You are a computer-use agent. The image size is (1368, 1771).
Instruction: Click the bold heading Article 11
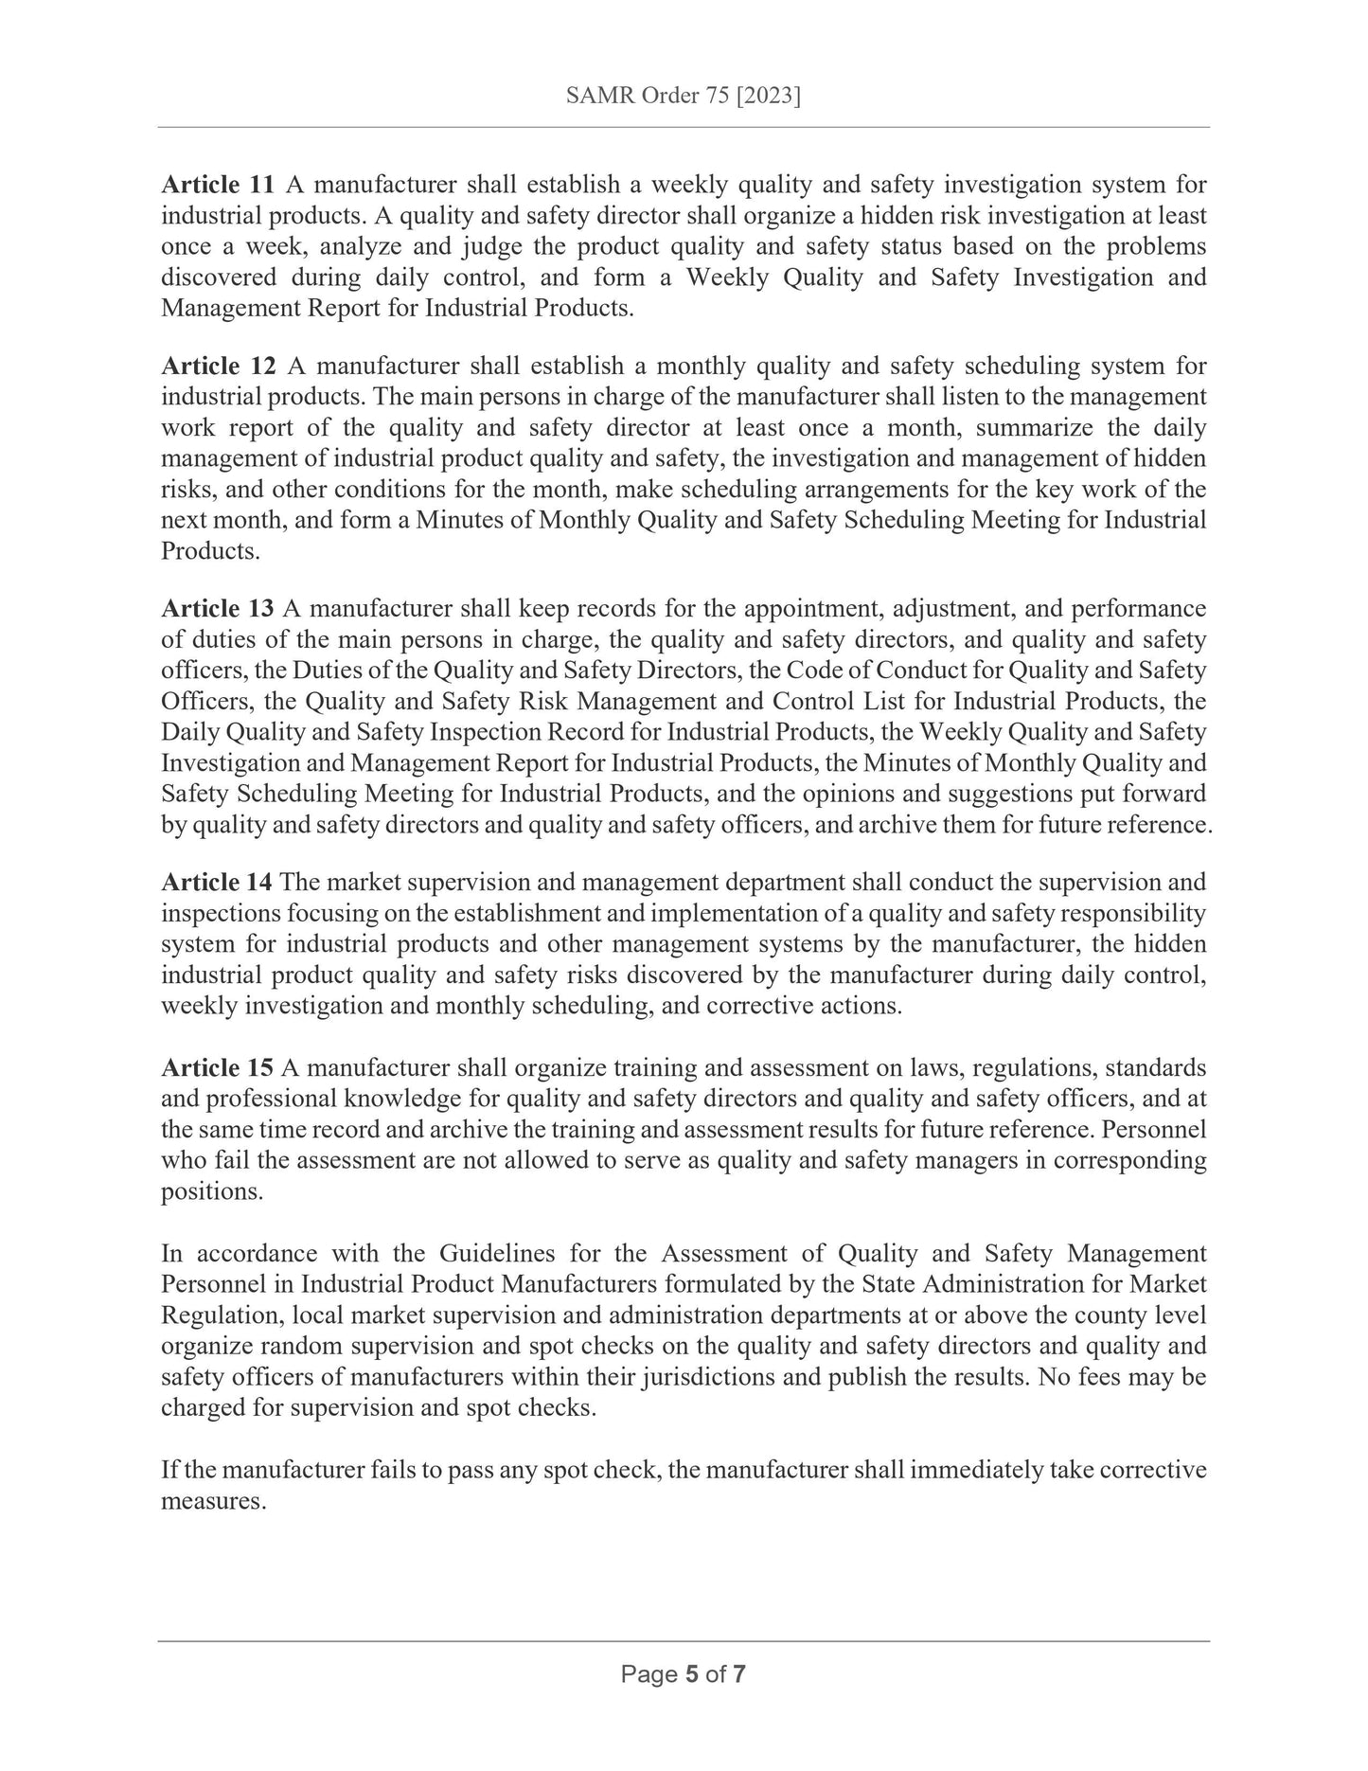click(218, 185)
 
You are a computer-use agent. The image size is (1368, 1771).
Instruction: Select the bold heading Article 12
click(218, 366)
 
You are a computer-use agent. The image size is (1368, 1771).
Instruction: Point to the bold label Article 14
click(217, 883)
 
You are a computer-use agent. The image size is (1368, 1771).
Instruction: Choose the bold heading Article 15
click(217, 1068)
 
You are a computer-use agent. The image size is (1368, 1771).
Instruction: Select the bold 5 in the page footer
click(691, 1701)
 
